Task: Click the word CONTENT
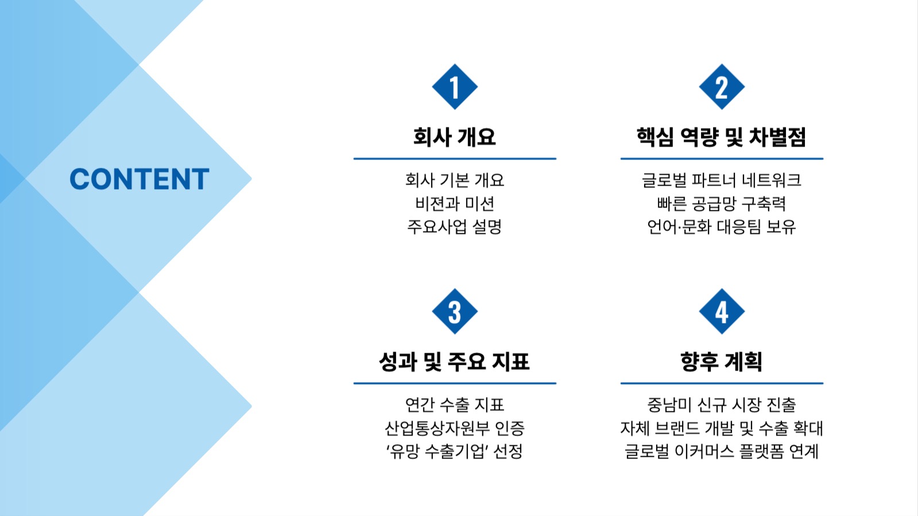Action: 139,179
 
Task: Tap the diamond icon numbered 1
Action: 455,87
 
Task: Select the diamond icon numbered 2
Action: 722,87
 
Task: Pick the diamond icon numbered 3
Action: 455,311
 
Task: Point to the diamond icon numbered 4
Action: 722,311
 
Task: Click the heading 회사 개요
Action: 455,137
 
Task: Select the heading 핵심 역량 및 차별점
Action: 722,137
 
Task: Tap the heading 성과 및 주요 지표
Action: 455,361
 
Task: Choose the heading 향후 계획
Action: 722,361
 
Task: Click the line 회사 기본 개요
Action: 455,180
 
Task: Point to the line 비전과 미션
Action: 455,203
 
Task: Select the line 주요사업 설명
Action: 455,226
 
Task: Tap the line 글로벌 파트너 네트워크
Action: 722,180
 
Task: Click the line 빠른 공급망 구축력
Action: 722,203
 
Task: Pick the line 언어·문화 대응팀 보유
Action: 722,226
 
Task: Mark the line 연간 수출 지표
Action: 455,405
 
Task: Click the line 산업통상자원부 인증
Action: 455,428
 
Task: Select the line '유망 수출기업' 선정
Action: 455,451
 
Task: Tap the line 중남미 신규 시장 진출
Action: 722,405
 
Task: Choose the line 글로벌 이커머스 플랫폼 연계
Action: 722,451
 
